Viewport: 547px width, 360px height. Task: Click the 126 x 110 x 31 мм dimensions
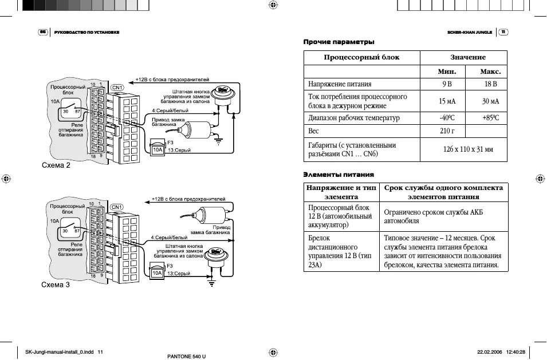click(x=464, y=150)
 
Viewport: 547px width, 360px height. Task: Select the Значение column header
click(x=463, y=57)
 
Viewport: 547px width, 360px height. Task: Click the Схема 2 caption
click(x=56, y=166)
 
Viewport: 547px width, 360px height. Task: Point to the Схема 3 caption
click(x=56, y=284)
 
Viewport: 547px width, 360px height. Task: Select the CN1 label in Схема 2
click(x=116, y=88)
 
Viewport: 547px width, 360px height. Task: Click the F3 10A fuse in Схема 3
click(x=156, y=273)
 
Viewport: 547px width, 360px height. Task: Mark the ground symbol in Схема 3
click(x=211, y=282)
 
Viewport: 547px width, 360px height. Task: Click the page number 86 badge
click(x=42, y=32)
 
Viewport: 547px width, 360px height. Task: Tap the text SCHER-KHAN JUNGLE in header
click(x=470, y=32)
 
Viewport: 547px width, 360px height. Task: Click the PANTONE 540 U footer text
click(x=186, y=356)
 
